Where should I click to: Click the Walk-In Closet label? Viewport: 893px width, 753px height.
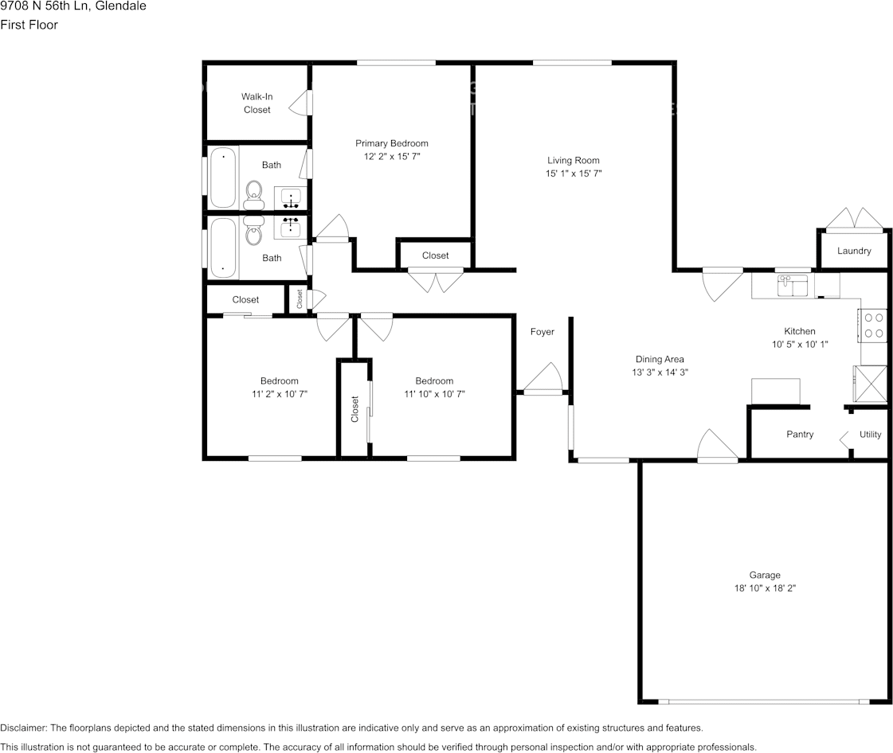(257, 103)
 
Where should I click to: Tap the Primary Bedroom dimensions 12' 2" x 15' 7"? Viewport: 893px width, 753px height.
(391, 158)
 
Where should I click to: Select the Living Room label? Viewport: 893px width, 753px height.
(573, 160)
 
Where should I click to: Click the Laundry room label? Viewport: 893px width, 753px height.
(854, 251)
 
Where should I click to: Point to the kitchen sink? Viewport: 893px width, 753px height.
(793, 284)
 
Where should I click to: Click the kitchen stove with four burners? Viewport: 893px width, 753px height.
(874, 325)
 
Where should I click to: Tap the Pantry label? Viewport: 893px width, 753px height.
(800, 435)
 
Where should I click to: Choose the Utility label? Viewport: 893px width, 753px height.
(870, 435)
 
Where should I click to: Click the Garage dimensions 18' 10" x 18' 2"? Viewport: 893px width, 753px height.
(764, 588)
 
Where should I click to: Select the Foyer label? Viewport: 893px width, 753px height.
(542, 332)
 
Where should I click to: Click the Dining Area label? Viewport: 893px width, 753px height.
(659, 359)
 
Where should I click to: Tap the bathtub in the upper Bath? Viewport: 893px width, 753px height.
(224, 177)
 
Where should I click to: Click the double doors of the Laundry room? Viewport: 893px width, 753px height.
(853, 219)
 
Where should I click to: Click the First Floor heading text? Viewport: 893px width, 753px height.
(29, 25)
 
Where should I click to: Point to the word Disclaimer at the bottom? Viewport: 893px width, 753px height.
(23, 728)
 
